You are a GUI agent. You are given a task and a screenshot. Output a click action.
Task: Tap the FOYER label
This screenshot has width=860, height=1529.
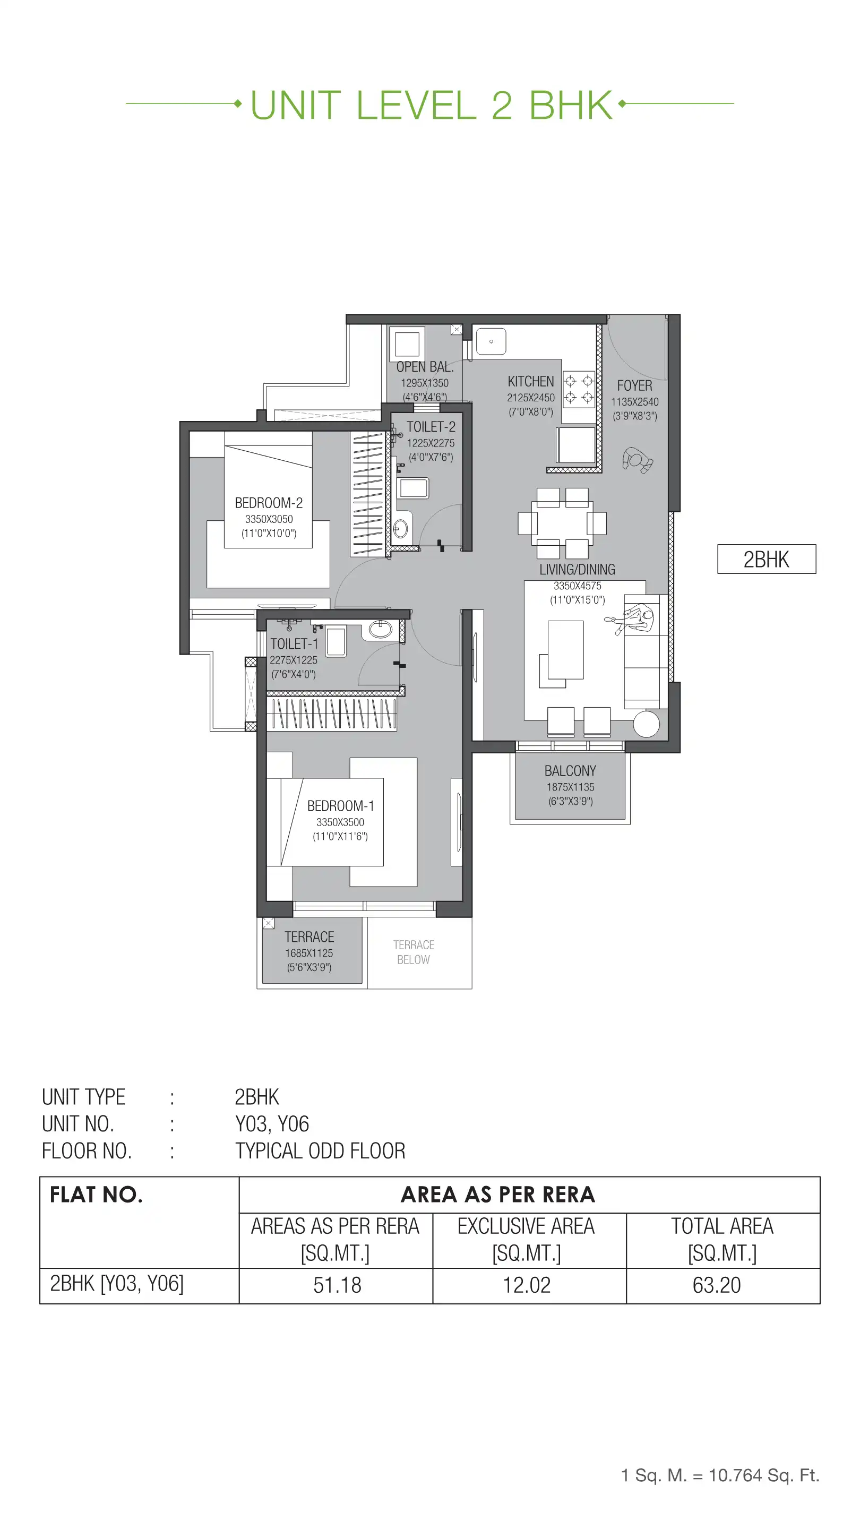click(634, 385)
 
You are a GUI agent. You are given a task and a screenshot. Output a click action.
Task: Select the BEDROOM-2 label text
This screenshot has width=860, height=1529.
click(268, 503)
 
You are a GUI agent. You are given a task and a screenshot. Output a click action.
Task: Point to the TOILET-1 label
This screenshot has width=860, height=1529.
click(294, 643)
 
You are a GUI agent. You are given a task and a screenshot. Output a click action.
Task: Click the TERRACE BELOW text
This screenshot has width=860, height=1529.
click(413, 952)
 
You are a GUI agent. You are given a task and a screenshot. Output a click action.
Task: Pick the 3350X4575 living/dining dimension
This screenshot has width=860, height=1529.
click(577, 586)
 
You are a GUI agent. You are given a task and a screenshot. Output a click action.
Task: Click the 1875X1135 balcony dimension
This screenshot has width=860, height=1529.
click(570, 787)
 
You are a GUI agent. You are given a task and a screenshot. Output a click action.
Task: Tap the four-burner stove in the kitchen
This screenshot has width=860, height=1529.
click(578, 389)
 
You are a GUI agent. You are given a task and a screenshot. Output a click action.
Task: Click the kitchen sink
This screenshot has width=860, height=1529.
click(491, 342)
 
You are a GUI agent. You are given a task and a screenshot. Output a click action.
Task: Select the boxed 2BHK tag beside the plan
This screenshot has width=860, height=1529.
click(766, 559)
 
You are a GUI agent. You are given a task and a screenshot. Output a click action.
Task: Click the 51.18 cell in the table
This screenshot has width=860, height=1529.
click(337, 1285)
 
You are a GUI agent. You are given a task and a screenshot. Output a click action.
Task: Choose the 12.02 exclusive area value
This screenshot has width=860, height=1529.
click(527, 1285)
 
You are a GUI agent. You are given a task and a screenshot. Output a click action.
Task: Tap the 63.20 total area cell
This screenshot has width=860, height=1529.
click(716, 1285)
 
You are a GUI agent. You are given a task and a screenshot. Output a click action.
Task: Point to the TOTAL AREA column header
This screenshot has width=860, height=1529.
click(722, 1226)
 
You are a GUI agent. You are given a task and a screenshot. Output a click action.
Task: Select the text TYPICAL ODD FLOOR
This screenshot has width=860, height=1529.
click(320, 1151)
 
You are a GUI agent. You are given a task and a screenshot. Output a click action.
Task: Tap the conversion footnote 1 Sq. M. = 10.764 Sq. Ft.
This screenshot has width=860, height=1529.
click(720, 1475)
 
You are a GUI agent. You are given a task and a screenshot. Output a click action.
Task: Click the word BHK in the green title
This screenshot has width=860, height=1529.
click(570, 106)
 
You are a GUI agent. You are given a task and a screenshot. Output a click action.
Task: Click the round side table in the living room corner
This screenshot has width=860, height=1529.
click(646, 724)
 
